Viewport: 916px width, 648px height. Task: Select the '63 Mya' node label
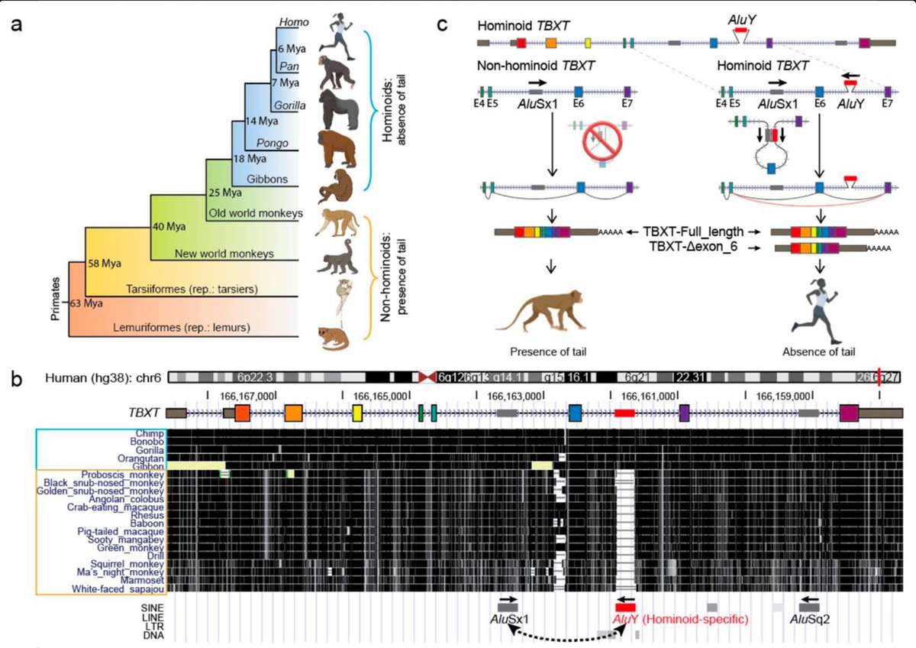(x=86, y=303)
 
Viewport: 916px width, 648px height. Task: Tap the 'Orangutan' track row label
(x=138, y=458)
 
